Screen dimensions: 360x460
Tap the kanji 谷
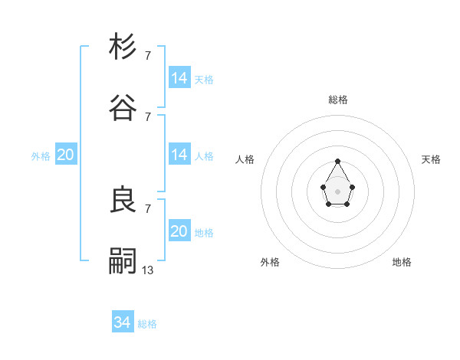point(123,108)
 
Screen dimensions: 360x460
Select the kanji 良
point(123,200)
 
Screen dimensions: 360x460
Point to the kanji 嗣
point(123,261)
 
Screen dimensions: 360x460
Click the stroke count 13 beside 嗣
point(148,270)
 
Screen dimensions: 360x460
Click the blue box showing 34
point(123,322)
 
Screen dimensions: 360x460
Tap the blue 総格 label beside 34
point(147,324)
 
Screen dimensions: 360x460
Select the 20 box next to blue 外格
point(65,155)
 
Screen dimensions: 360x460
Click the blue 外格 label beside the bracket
point(41,156)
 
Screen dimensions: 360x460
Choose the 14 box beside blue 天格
point(179,78)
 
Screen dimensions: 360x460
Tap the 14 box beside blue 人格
point(179,155)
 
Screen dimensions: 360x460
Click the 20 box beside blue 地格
point(179,231)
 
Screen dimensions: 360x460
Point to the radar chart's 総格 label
point(338,100)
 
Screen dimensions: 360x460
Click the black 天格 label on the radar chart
point(432,159)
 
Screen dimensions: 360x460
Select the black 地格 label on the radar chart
point(402,262)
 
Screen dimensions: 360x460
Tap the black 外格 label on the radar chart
point(270,262)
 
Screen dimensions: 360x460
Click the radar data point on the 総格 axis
point(337,161)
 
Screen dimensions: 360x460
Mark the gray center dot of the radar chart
point(337,190)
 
